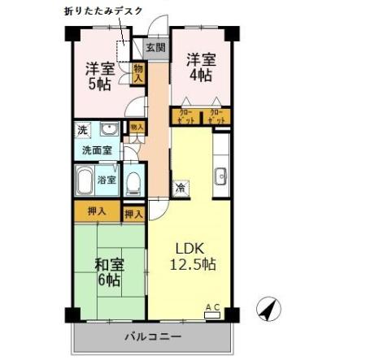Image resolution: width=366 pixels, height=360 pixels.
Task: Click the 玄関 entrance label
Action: point(156,48)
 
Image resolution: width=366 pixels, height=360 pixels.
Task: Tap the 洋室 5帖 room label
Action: point(101,75)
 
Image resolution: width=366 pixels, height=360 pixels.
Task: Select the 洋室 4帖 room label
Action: point(199,67)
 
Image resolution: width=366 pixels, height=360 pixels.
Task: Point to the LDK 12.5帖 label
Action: point(192,255)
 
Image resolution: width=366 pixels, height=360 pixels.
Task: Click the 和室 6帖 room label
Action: point(108,271)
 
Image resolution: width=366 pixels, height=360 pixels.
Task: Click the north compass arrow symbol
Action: point(268,310)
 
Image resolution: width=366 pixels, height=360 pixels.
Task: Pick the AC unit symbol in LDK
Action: point(212,310)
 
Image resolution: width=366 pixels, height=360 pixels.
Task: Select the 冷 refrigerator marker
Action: point(180,188)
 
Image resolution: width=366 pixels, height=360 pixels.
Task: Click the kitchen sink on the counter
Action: point(219,176)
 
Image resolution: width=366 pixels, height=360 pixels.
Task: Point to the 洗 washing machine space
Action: point(82,130)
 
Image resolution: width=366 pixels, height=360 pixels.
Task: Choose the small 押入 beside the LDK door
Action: point(134,214)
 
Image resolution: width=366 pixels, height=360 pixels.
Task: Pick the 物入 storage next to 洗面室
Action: point(137,128)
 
